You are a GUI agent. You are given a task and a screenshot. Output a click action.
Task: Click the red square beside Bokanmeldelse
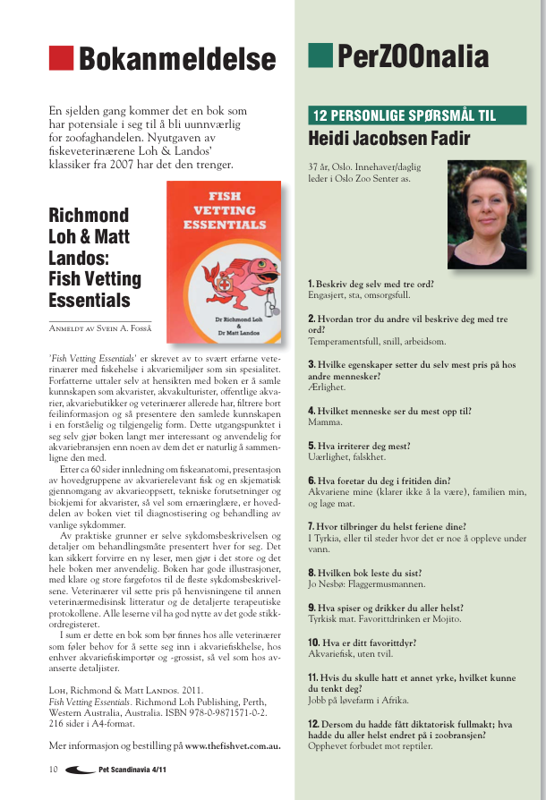(60, 58)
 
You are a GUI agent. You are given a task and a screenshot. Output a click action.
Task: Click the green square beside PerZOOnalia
(320, 55)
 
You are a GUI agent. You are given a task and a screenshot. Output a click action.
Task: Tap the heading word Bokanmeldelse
(177, 60)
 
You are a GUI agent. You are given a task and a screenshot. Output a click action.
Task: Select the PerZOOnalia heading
(413, 56)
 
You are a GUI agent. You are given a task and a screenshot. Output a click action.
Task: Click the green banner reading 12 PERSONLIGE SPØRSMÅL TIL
(416, 115)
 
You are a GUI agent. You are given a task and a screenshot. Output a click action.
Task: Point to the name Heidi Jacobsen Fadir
(388, 139)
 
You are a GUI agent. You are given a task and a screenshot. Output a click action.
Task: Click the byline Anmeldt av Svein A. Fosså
(100, 329)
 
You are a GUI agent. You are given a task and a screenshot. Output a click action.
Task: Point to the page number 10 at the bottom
(54, 769)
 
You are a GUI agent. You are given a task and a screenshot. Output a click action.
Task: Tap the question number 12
(313, 722)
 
